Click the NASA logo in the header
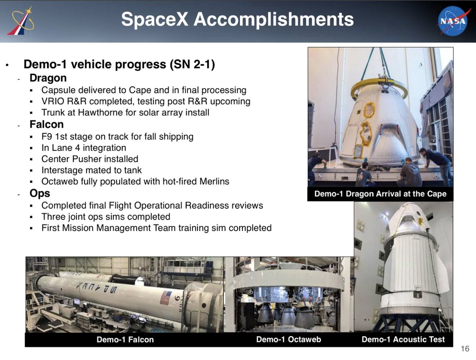click(453, 21)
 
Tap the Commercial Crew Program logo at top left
click(21, 21)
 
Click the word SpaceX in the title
click(155, 19)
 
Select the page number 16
click(465, 349)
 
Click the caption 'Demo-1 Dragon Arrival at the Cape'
click(380, 193)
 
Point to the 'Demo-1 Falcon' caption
click(125, 339)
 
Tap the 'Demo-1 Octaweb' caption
click(288, 339)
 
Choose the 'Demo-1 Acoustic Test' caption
click(403, 339)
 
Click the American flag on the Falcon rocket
click(166, 298)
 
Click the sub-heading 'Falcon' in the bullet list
click(47, 124)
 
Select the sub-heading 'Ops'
click(40, 193)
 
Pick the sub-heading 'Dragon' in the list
click(48, 78)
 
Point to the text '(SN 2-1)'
click(192, 64)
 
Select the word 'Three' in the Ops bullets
click(52, 217)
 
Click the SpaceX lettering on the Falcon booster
click(97, 287)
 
